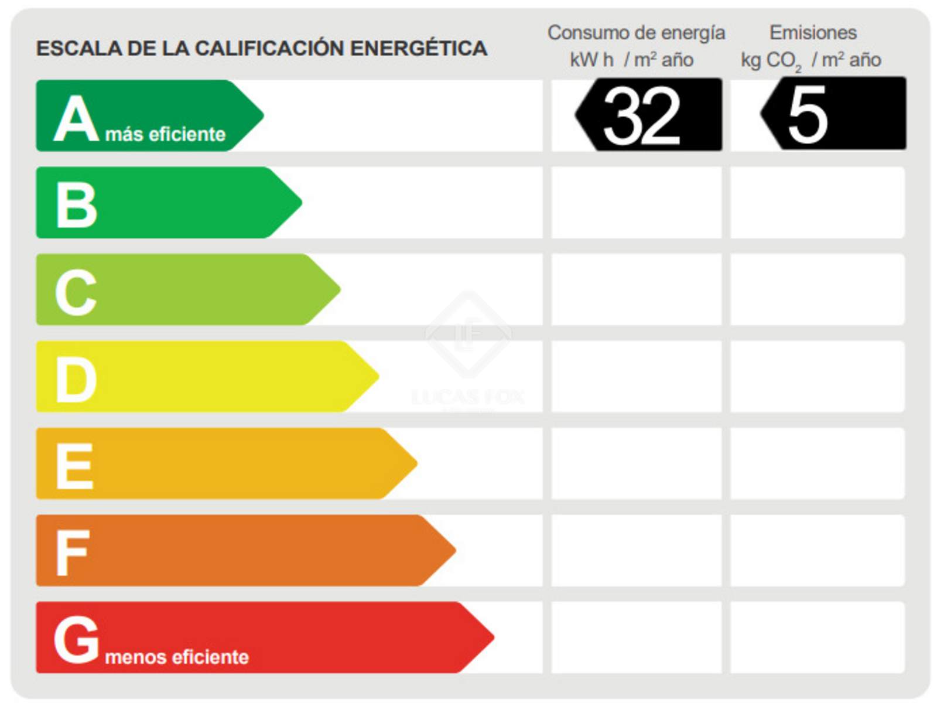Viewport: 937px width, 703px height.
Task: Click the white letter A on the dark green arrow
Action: (x=76, y=119)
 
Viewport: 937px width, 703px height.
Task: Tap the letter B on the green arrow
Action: (x=76, y=204)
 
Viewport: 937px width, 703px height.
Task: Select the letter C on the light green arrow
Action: (x=76, y=292)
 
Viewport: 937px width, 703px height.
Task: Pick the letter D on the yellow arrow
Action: (x=76, y=379)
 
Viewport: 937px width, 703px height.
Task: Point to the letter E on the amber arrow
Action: (x=74, y=466)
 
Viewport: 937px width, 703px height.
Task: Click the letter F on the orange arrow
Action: (x=72, y=552)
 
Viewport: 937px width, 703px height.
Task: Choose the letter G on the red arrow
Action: (x=76, y=640)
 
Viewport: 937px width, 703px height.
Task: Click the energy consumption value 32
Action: (x=642, y=115)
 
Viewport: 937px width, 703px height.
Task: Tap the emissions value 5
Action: (x=808, y=115)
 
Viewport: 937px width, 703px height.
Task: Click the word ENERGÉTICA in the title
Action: (x=418, y=48)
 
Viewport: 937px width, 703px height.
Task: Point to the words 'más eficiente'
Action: (x=165, y=134)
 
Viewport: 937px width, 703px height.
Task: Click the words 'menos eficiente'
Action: (x=177, y=657)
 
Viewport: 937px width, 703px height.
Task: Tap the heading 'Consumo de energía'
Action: (x=636, y=33)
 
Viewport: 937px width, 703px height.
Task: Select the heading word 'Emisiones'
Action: (x=813, y=33)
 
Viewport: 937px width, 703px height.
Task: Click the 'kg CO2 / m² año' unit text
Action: (x=811, y=60)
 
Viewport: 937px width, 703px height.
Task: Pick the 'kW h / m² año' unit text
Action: (x=631, y=60)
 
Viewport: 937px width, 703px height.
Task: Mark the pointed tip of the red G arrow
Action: (x=493, y=637)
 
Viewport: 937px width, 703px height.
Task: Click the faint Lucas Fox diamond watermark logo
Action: (x=468, y=335)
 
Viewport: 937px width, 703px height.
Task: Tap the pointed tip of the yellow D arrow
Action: (x=377, y=376)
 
